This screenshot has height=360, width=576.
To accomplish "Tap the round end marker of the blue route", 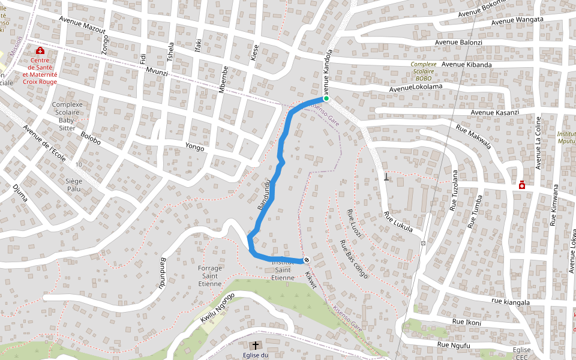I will coord(307,260).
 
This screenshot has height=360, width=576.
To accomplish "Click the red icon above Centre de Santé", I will coord(40,50).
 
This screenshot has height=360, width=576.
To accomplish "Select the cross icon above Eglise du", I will coord(256,345).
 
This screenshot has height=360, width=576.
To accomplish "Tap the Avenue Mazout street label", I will coord(82,25).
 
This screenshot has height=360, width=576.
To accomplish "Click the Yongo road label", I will coord(194,147).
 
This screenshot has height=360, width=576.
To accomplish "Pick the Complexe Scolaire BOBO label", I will coord(424,71).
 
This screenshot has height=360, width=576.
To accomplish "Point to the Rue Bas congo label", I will coord(354,259).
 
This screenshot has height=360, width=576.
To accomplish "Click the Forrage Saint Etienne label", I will coord(210,276).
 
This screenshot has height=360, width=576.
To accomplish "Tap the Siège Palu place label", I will coord(74,184).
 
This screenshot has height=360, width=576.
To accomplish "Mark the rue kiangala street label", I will coord(510,302).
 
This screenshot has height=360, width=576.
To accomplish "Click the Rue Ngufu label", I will coord(454,345).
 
